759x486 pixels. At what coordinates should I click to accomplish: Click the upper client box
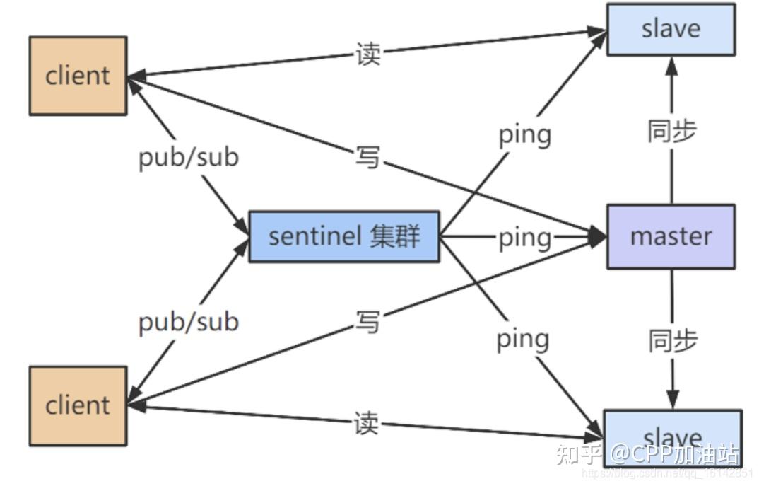78,76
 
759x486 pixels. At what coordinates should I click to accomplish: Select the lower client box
78,405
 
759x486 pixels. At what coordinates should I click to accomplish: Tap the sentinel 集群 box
344,236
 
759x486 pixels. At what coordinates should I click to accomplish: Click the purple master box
671,237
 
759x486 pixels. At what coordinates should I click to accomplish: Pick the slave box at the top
671,29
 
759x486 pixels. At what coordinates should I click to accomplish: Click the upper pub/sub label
188,157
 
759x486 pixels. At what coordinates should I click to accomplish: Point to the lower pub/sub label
188,322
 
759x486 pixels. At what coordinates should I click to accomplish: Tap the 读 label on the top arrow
367,54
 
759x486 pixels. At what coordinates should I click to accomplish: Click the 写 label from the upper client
367,158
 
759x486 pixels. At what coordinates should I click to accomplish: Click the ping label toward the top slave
524,134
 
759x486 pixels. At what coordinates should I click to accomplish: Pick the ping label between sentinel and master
524,238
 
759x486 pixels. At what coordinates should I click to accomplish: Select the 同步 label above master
671,131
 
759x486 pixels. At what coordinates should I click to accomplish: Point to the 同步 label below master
672,340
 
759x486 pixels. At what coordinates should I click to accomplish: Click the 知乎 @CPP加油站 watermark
647,453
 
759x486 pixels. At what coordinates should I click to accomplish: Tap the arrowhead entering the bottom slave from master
672,400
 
